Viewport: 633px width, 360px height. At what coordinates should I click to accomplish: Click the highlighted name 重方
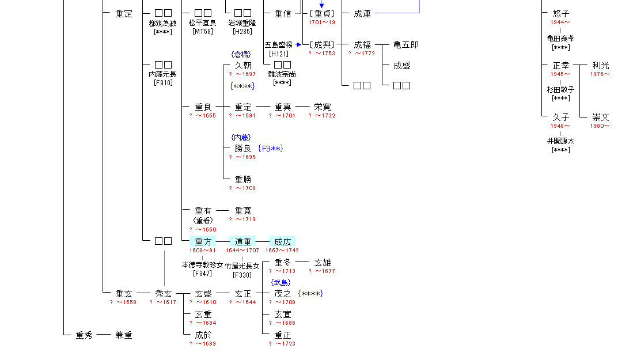pos(203,242)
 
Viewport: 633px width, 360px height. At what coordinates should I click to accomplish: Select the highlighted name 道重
pos(242,242)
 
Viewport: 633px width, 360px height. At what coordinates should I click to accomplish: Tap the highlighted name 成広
pos(282,242)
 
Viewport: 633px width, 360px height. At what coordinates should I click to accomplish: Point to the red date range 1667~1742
pos(282,251)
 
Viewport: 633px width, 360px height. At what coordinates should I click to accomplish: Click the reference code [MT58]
pos(203,32)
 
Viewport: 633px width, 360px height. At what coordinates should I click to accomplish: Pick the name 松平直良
pos(203,23)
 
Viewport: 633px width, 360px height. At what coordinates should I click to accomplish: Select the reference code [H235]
pos(242,32)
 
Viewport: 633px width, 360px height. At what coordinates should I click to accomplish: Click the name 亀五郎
pos(405,44)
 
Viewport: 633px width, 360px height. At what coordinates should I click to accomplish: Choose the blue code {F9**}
pos(271,149)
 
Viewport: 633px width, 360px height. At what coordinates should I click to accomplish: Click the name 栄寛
pos(322,107)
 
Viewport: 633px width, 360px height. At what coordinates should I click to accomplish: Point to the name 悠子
pos(560,13)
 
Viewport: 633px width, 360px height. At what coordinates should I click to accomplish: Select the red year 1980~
pos(600,126)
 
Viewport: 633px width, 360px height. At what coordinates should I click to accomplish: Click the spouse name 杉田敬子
pos(560,90)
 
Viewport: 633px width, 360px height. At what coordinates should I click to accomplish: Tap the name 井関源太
pos(560,141)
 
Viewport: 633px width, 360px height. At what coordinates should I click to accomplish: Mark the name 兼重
pos(123,335)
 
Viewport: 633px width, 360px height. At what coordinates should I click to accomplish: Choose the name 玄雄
pos(322,263)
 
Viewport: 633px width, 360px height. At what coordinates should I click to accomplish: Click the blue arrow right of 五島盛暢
pos(299,44)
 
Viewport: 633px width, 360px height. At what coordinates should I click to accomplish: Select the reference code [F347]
pos(203,274)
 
